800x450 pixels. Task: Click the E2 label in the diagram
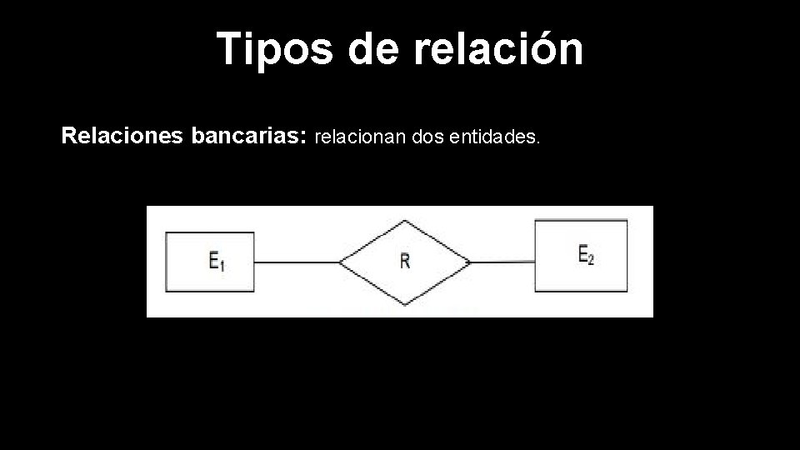[x=586, y=253]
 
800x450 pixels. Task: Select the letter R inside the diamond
[x=405, y=261]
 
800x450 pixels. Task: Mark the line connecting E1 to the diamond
[x=297, y=262]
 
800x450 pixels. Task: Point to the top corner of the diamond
[x=405, y=222]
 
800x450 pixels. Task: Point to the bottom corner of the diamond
[x=405, y=303]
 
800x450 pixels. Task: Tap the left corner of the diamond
[x=341, y=262]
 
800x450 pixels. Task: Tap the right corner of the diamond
[x=471, y=262]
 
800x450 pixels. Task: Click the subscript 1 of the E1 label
[x=222, y=265]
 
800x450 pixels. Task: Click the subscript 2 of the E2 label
[x=592, y=258]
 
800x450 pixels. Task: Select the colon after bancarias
[x=303, y=137]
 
